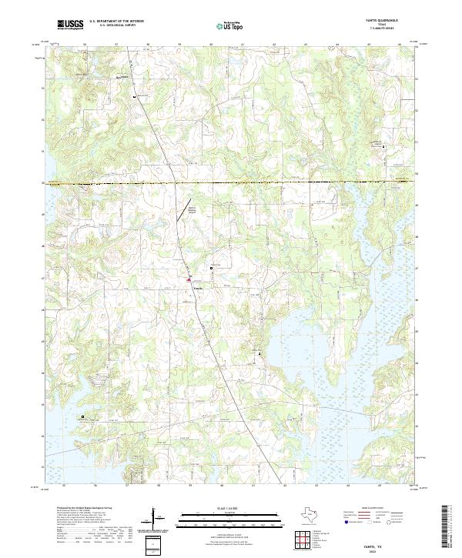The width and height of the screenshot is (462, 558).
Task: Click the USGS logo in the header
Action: (x=70, y=25)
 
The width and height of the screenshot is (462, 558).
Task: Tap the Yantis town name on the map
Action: (x=198, y=288)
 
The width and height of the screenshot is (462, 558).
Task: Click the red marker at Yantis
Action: (x=189, y=281)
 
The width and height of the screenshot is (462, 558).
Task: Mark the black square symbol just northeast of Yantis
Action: (x=213, y=268)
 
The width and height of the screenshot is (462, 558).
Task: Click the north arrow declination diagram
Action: (x=159, y=520)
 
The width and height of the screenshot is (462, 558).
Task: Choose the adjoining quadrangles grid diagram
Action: (x=303, y=540)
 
